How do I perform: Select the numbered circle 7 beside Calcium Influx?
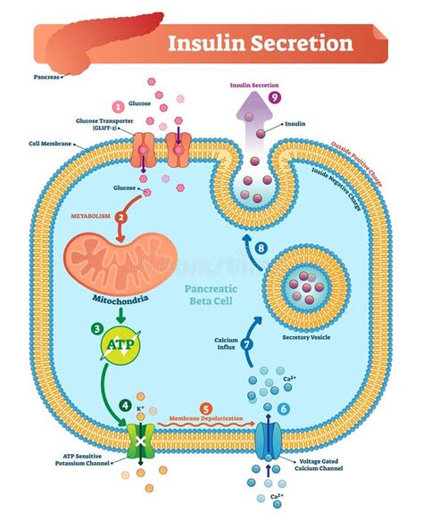pyautogui.click(x=248, y=343)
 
